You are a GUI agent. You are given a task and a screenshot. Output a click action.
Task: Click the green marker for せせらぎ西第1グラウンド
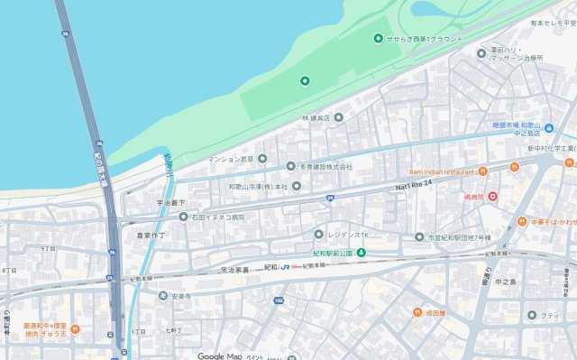379,38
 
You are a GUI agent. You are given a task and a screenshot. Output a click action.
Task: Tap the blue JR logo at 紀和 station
285,268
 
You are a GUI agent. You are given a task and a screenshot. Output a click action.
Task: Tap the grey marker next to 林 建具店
339,117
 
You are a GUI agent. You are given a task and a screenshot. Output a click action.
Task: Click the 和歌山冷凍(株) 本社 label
257,187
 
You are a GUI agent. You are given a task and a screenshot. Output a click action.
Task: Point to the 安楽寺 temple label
182,296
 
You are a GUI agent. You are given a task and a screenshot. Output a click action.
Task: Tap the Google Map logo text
220,355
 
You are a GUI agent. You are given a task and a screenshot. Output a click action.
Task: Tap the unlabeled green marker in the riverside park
305,82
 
